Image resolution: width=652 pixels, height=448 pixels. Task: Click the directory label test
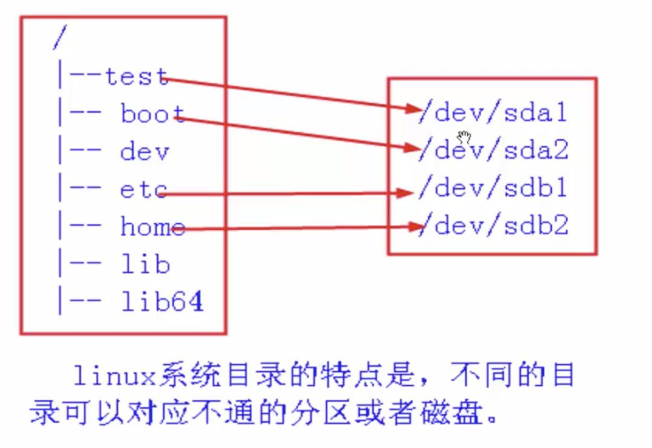136,77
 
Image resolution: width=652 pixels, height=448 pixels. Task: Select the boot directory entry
152,114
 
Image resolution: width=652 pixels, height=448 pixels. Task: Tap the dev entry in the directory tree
144,152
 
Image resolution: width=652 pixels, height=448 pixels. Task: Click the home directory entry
152,227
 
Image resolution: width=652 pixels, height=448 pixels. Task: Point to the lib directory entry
145,264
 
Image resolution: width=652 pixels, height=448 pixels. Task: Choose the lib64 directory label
161,302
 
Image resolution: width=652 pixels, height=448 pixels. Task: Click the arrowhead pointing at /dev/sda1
412,109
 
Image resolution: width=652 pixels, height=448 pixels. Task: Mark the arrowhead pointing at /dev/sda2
412,147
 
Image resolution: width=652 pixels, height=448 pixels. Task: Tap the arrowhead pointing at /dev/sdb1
406,193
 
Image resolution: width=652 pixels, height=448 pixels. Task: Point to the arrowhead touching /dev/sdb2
416,227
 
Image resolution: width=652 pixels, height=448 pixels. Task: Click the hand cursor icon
464,136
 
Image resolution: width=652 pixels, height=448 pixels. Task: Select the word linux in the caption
115,377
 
